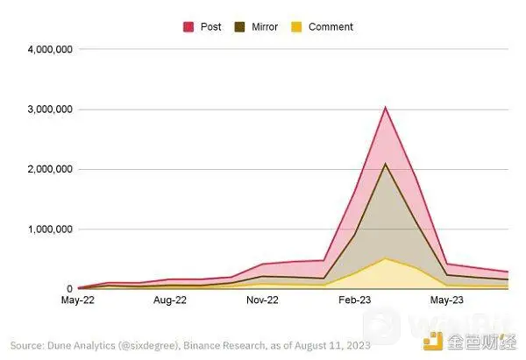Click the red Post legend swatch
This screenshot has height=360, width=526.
click(x=188, y=27)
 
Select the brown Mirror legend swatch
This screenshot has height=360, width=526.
click(x=239, y=27)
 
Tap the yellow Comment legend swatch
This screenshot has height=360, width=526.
click(x=295, y=27)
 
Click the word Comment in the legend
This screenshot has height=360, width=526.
click(x=331, y=27)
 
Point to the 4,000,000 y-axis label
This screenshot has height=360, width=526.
click(x=43, y=49)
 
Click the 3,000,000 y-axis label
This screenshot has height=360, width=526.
click(x=43, y=109)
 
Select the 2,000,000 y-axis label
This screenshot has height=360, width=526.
click(x=43, y=169)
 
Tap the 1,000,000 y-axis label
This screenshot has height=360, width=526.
click(x=43, y=229)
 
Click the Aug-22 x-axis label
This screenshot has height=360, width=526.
click(x=170, y=300)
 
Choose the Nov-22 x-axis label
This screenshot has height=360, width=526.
click(x=262, y=300)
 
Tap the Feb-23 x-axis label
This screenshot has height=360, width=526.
click(x=354, y=300)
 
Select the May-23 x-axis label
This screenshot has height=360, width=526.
click(x=446, y=300)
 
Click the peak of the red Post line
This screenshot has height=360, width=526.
click(x=385, y=108)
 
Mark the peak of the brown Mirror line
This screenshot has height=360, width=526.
click(x=385, y=164)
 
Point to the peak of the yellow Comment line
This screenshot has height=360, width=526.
click(x=385, y=258)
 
